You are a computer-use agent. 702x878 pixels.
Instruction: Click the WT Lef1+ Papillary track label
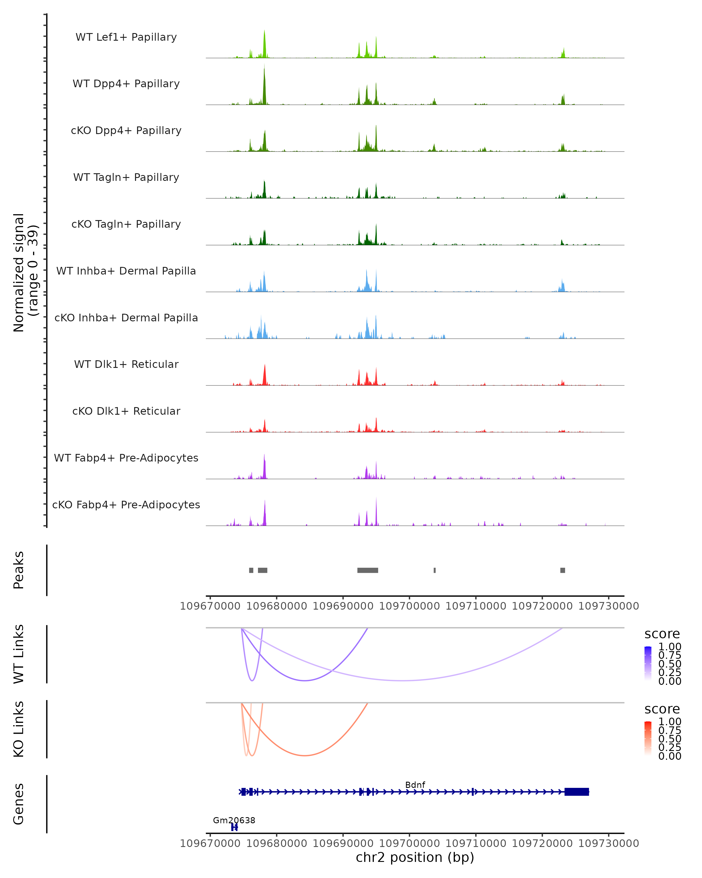point(126,37)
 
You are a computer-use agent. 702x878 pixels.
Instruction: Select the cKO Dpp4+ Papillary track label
point(126,130)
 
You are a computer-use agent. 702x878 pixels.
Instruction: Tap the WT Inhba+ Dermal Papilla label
point(126,271)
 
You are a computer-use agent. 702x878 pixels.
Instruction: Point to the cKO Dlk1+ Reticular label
point(126,411)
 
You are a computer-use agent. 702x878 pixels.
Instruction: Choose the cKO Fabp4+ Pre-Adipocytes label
point(126,505)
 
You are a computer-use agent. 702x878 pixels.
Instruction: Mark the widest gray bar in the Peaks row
point(367,570)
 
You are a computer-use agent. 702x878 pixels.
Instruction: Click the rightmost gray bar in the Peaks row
point(562,570)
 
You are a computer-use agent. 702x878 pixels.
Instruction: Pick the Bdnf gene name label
point(415,785)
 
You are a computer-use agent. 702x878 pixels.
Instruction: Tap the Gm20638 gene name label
point(234,820)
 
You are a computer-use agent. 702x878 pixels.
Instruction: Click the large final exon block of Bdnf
point(577,792)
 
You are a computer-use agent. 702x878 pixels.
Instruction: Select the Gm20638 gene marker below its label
point(234,827)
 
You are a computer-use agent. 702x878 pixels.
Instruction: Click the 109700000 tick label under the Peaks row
point(409,606)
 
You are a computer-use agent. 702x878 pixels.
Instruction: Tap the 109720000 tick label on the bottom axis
point(542,843)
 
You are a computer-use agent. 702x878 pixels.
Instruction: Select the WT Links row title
point(19,654)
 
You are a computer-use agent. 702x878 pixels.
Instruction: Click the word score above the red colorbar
point(662,709)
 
